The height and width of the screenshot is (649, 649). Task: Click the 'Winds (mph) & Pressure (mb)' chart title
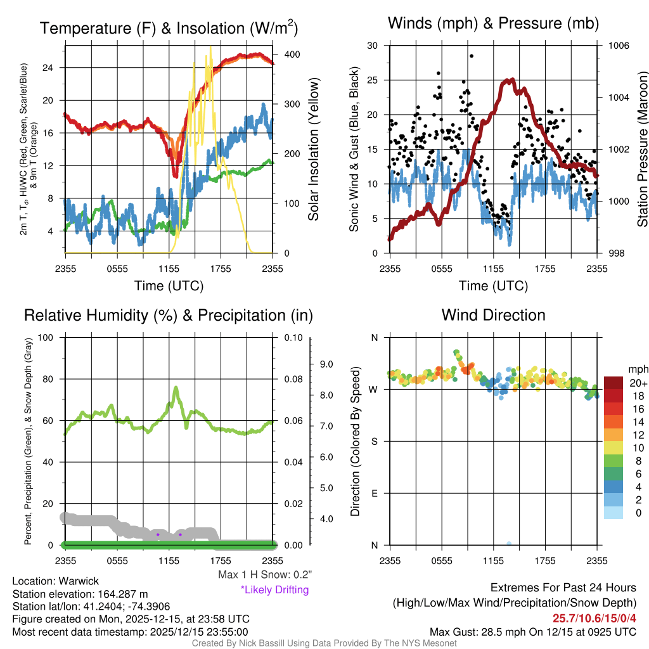coord(493,23)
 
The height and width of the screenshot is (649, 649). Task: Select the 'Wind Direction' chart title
coord(493,315)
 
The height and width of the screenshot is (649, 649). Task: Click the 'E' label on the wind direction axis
coord(374,493)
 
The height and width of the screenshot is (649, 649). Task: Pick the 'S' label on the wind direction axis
coord(374,441)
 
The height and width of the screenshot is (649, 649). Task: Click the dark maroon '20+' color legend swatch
coord(615,383)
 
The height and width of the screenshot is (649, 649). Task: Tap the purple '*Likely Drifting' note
coord(274,590)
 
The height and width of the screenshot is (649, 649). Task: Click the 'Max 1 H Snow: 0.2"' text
coord(264,575)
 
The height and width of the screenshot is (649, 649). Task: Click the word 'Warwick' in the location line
coord(79,581)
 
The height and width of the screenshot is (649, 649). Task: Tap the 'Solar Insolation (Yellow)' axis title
coord(314,149)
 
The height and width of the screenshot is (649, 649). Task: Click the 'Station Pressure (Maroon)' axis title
coord(642,149)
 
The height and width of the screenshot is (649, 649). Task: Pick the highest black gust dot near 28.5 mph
coord(472,56)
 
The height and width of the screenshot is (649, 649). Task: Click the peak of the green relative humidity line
coord(176,387)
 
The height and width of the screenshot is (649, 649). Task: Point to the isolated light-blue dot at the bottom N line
coord(509,543)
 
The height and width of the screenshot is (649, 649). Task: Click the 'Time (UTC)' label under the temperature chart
coord(169,286)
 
